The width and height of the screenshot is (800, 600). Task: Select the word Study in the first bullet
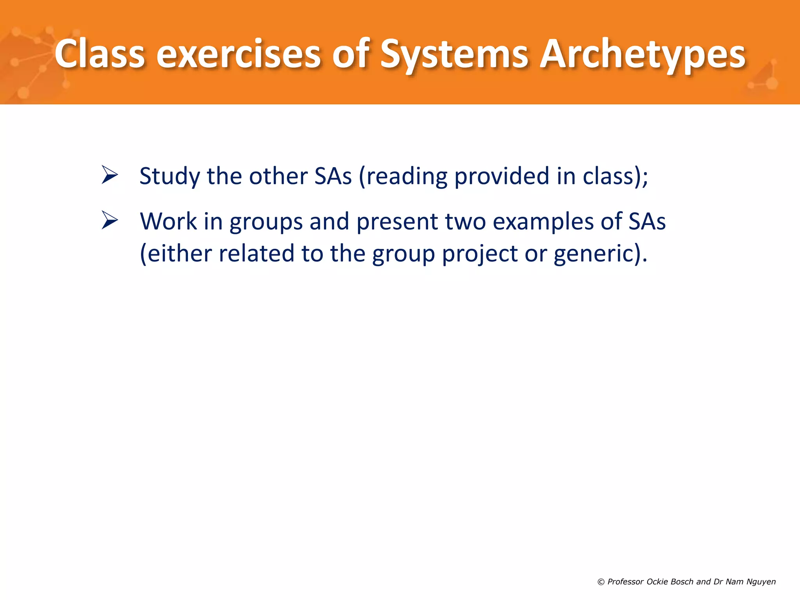click(170, 176)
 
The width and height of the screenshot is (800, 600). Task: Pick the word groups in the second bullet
click(266, 222)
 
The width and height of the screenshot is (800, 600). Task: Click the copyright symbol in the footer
click(601, 582)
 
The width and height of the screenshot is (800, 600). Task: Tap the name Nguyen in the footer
click(761, 582)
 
